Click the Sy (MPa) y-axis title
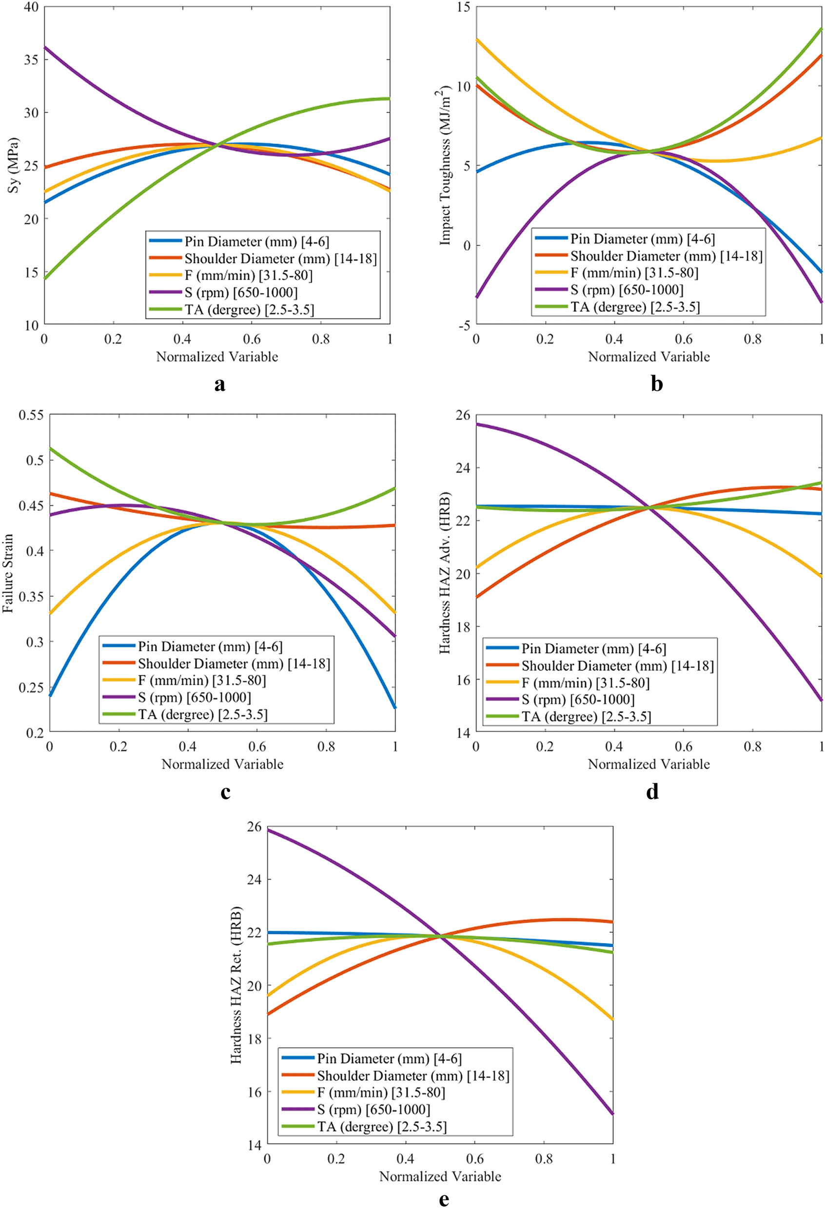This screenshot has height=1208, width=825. (x=14, y=165)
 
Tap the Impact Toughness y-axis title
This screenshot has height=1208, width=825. (x=445, y=165)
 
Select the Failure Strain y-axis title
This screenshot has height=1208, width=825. (x=8, y=573)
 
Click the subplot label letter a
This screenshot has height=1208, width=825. (x=219, y=384)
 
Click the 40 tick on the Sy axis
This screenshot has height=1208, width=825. (x=31, y=7)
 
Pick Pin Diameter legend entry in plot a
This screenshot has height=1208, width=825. (x=256, y=241)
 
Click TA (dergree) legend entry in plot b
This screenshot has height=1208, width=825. (x=635, y=307)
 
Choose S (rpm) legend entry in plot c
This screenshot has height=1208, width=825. (x=194, y=697)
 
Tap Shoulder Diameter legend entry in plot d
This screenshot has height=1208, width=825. (x=617, y=666)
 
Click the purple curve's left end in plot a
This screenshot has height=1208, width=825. (x=45, y=48)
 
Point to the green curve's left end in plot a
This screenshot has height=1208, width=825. (x=45, y=279)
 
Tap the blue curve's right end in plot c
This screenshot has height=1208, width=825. (x=395, y=707)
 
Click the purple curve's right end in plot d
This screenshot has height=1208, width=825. (x=821, y=700)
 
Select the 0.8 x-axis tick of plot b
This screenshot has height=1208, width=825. (x=752, y=340)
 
